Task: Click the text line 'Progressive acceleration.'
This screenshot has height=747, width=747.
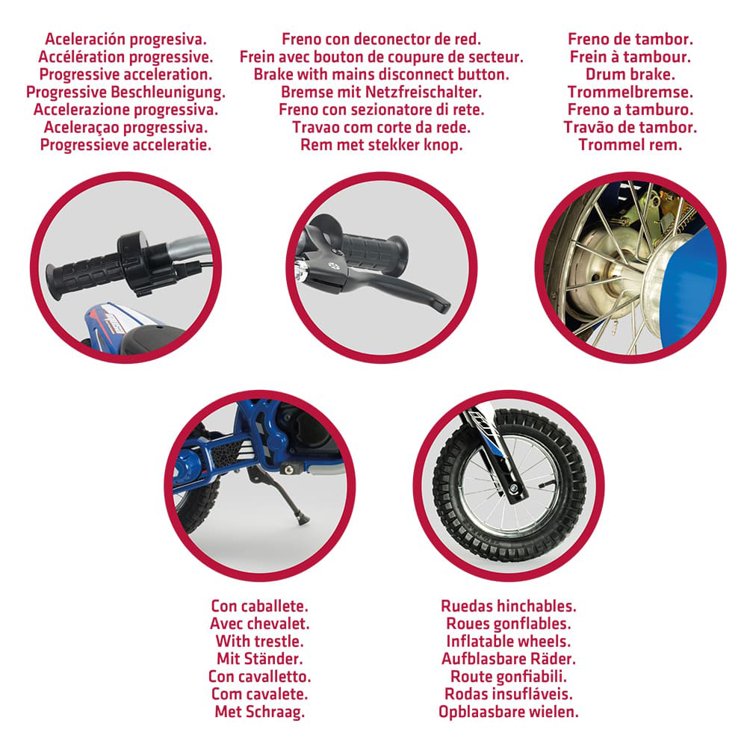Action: coord(125,75)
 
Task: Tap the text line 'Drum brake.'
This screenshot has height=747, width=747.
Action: coord(630,75)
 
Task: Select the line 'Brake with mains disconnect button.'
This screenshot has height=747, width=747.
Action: coord(382,75)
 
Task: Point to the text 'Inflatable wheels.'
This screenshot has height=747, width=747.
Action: coord(508,641)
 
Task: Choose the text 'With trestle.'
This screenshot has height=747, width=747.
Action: coord(260,641)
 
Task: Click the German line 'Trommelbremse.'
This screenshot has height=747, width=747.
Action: coord(630,93)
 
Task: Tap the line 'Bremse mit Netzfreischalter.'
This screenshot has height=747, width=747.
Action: coord(382,93)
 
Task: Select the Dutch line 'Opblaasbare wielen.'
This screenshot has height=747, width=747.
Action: coord(508,712)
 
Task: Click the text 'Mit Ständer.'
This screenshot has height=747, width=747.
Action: coord(260,659)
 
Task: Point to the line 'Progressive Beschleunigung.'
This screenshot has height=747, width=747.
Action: coord(125,93)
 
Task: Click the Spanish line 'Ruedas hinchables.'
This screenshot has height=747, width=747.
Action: coord(508,606)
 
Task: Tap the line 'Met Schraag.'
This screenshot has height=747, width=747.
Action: coord(260,712)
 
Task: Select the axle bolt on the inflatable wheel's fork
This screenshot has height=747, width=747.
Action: coord(514,489)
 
